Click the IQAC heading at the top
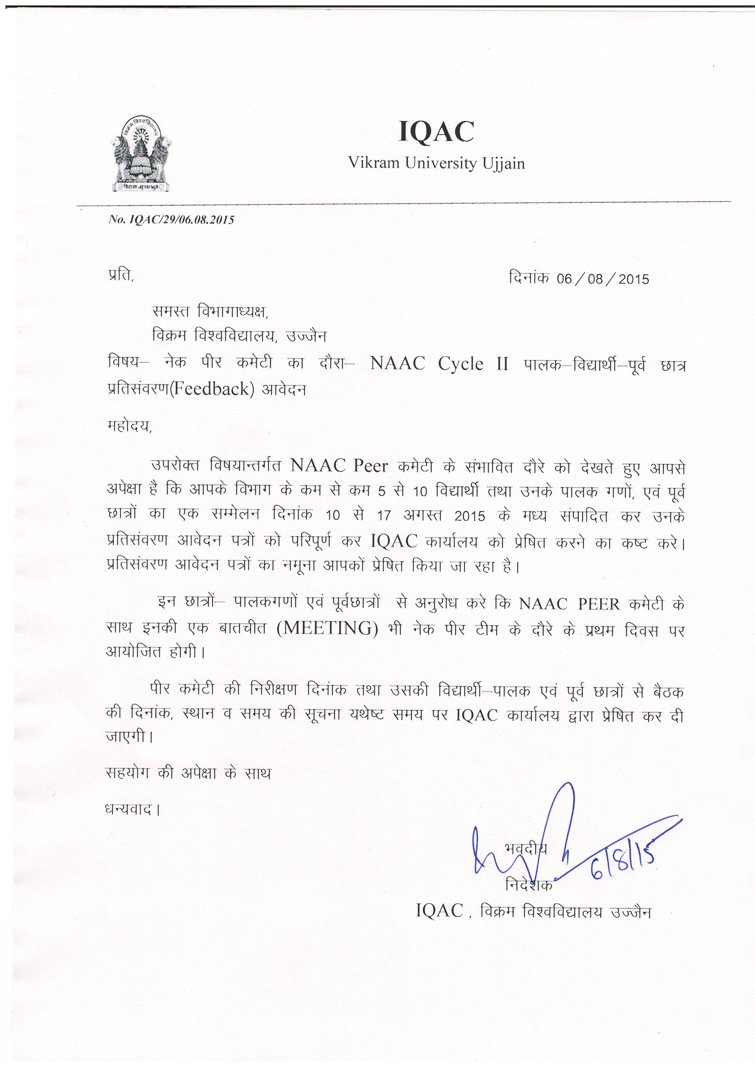[x=436, y=131]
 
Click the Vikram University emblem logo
[x=139, y=154]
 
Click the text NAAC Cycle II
[x=439, y=364]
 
